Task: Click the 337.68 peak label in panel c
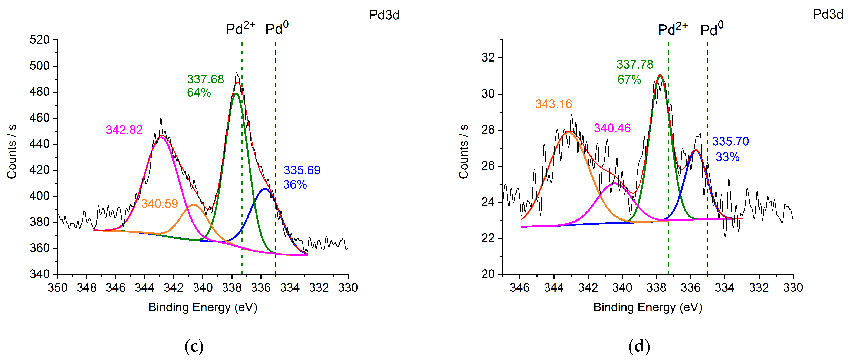coord(206,79)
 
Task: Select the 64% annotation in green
coord(199,93)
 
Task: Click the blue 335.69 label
coord(302,170)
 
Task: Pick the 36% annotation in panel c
coord(295,185)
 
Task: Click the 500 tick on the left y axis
coord(39,66)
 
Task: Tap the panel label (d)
coord(639,346)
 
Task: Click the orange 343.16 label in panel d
coord(554,104)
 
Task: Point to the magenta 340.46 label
coord(612,128)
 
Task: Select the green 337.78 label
coord(635,65)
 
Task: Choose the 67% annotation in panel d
coord(629,80)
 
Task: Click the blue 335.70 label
coord(730,142)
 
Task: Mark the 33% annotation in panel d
coord(727,157)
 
